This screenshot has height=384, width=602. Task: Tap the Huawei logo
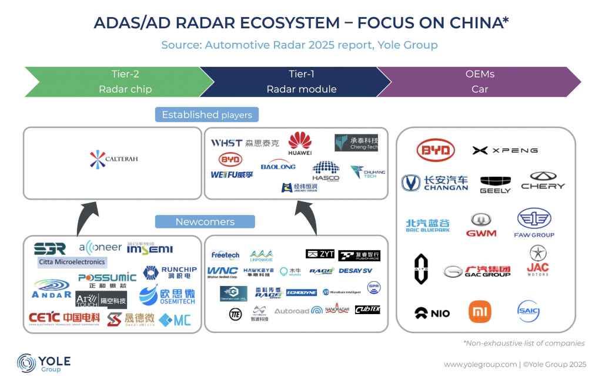(299, 144)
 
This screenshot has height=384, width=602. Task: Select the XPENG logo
(505, 150)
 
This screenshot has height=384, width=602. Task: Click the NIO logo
(432, 313)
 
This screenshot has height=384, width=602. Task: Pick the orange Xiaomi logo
(479, 311)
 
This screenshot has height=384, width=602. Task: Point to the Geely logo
(495, 184)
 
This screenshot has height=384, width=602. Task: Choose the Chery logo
(543, 181)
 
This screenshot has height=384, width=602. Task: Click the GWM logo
(481, 225)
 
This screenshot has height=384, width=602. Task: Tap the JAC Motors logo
(537, 261)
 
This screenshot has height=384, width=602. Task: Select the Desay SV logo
(356, 271)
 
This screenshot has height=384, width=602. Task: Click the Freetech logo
(225, 255)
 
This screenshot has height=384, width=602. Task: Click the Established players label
(207, 114)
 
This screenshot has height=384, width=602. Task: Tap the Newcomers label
(205, 222)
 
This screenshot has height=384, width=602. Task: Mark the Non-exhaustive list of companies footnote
(524, 343)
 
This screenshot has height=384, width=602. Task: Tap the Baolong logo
(278, 166)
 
